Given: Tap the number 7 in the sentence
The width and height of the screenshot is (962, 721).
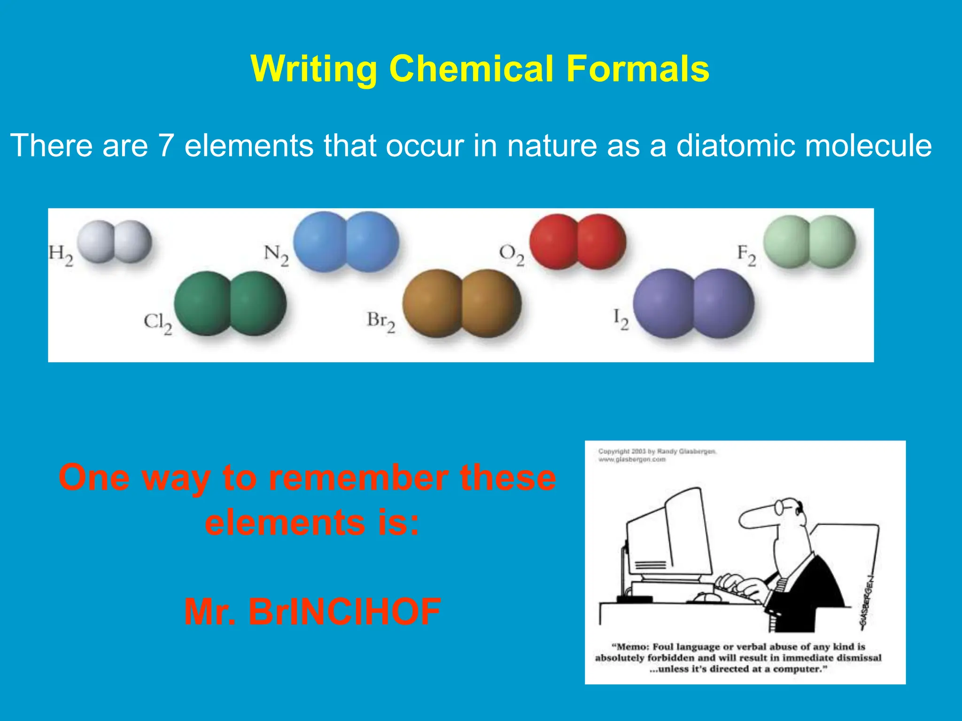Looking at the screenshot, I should pyautogui.click(x=166, y=145).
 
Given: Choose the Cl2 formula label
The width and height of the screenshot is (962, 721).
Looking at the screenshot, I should pyautogui.click(x=158, y=323).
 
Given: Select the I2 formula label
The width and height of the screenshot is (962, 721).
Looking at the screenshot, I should pyautogui.click(x=621, y=320).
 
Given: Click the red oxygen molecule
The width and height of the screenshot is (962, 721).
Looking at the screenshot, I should pyautogui.click(x=578, y=241).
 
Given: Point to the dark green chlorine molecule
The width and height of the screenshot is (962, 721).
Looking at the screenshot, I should pyautogui.click(x=230, y=303).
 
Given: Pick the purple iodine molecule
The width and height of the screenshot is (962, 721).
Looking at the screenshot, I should pyautogui.click(x=693, y=303).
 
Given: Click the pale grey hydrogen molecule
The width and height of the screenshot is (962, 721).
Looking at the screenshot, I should pyautogui.click(x=114, y=241).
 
